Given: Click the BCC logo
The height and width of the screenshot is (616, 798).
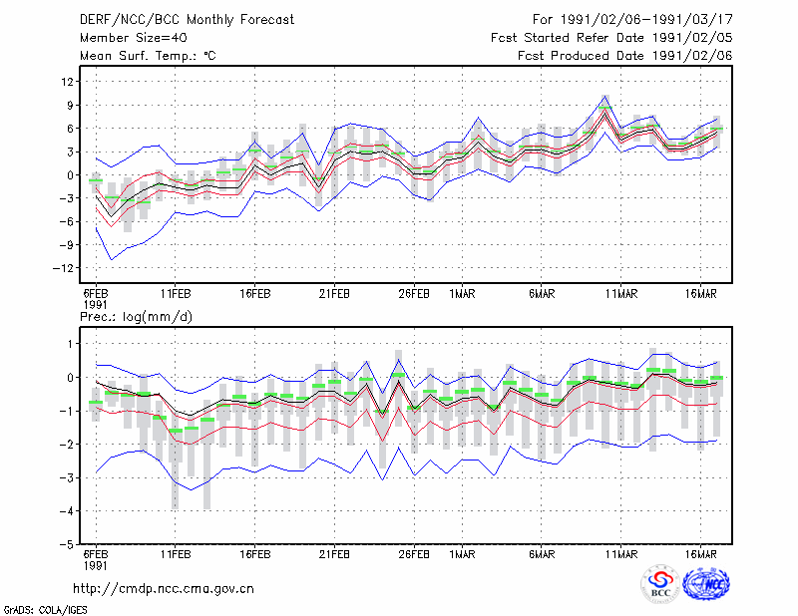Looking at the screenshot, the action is coord(660,583).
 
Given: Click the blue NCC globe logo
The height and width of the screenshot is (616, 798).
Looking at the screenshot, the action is coord(706,583).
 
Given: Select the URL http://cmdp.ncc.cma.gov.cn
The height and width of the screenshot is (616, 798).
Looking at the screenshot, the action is coord(164,589).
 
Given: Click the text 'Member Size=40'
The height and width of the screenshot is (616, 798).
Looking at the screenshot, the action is coord(134,38).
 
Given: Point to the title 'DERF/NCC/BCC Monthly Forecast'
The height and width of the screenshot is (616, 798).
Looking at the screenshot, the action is coord(187,20).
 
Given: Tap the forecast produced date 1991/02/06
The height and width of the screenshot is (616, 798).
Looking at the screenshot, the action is coord(692,56).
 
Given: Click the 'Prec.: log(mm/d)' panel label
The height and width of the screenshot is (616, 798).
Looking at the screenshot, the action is coord(136,317).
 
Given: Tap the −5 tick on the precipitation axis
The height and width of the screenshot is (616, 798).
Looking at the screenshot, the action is coord(67,544).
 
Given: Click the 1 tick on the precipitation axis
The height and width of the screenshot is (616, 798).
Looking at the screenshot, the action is coord(71,344).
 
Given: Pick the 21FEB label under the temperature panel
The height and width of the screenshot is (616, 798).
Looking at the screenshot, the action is coord(334,294).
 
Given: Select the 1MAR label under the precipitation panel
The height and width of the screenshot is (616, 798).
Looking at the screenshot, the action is coord(462,554).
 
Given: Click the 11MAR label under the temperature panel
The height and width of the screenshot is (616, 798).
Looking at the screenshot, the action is coord(621,294).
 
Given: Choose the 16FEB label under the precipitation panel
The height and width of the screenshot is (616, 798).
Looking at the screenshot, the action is coord(255,554).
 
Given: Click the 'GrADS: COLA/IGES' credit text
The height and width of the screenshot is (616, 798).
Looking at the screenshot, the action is coord(46,610).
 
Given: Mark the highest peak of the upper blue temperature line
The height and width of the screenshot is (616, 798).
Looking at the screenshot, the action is coord(605,95).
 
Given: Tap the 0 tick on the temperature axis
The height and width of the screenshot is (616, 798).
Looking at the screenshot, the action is coord(71,175).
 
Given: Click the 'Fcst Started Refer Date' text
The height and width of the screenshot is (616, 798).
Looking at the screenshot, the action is coord(552,38).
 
